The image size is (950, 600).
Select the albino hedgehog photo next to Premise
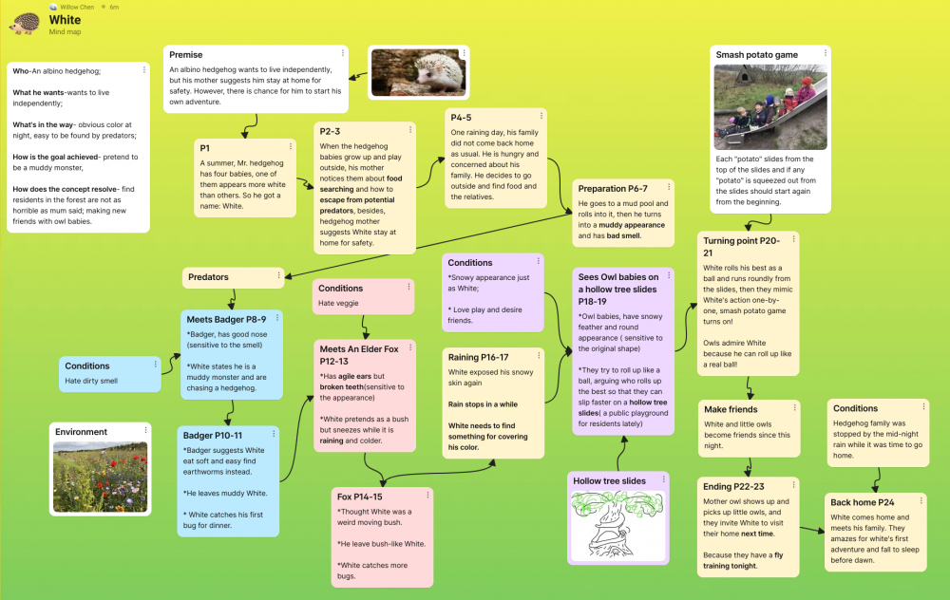pos(406,73)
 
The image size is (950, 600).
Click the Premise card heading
pos(186,55)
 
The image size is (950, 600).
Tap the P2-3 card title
pos(331,132)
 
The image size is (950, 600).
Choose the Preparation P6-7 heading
pos(613,188)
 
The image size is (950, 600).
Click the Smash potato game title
pos(757,55)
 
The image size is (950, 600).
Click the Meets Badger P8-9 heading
pos(226,319)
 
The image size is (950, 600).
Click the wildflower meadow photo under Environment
pos(101,475)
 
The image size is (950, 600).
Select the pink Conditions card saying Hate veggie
pos(364,295)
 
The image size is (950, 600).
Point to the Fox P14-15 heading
pos(360,497)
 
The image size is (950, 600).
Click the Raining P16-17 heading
pos(479,357)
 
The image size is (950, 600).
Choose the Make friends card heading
pos(730,409)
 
